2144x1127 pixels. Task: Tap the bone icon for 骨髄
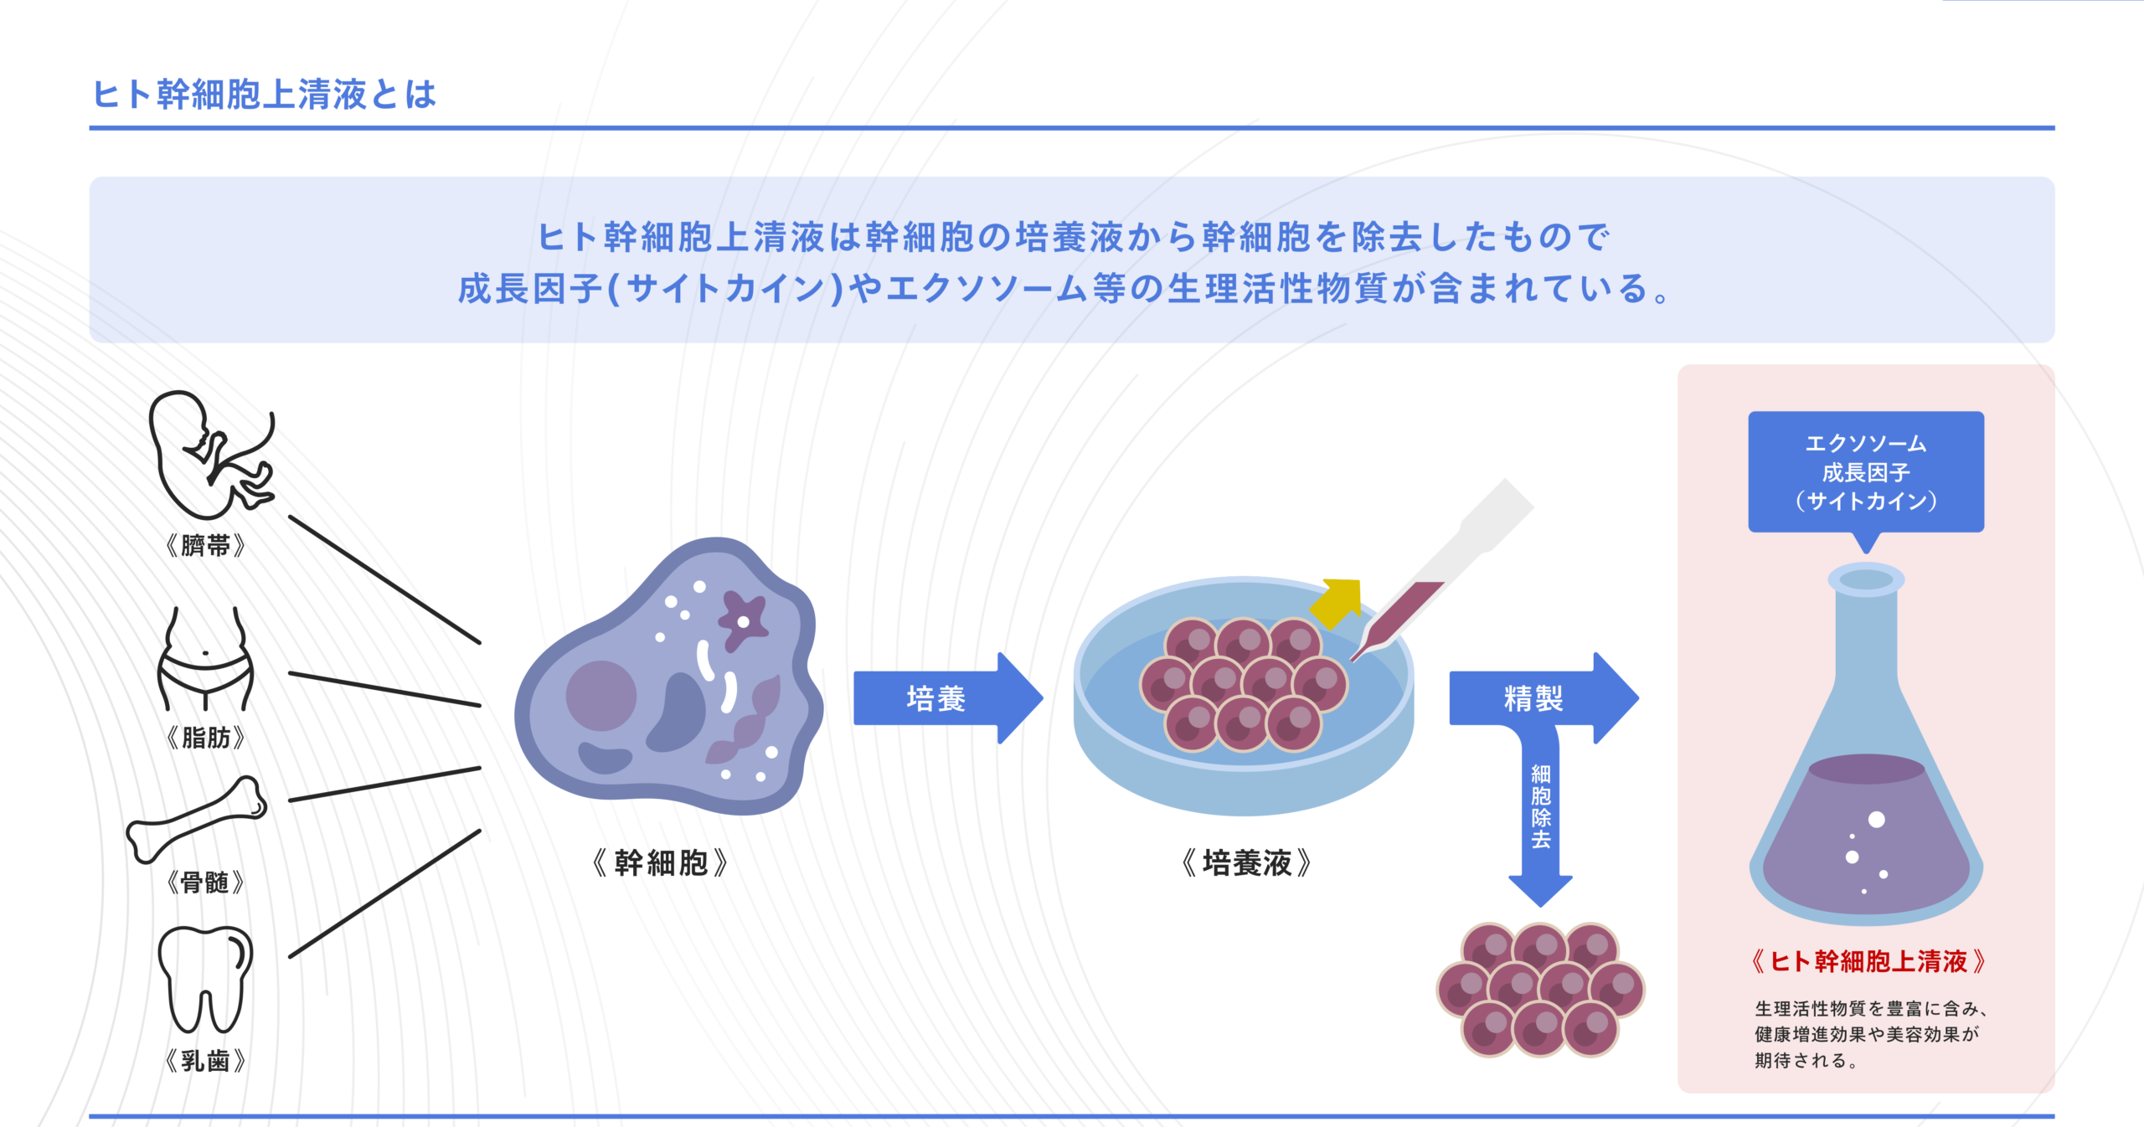197,820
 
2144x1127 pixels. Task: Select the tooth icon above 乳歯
205,979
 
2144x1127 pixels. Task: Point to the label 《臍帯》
205,546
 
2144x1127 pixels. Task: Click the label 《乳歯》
205,1061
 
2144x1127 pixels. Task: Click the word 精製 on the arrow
1533,698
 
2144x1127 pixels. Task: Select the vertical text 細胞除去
1540,806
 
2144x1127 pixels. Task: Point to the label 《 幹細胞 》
660,862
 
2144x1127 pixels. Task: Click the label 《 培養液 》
1246,862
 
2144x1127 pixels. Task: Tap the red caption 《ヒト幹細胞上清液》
1868,961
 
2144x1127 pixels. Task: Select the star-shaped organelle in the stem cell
742,620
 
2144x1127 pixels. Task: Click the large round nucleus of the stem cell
600,695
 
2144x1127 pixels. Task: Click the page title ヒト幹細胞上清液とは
264,95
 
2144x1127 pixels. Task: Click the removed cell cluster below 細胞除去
1540,990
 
